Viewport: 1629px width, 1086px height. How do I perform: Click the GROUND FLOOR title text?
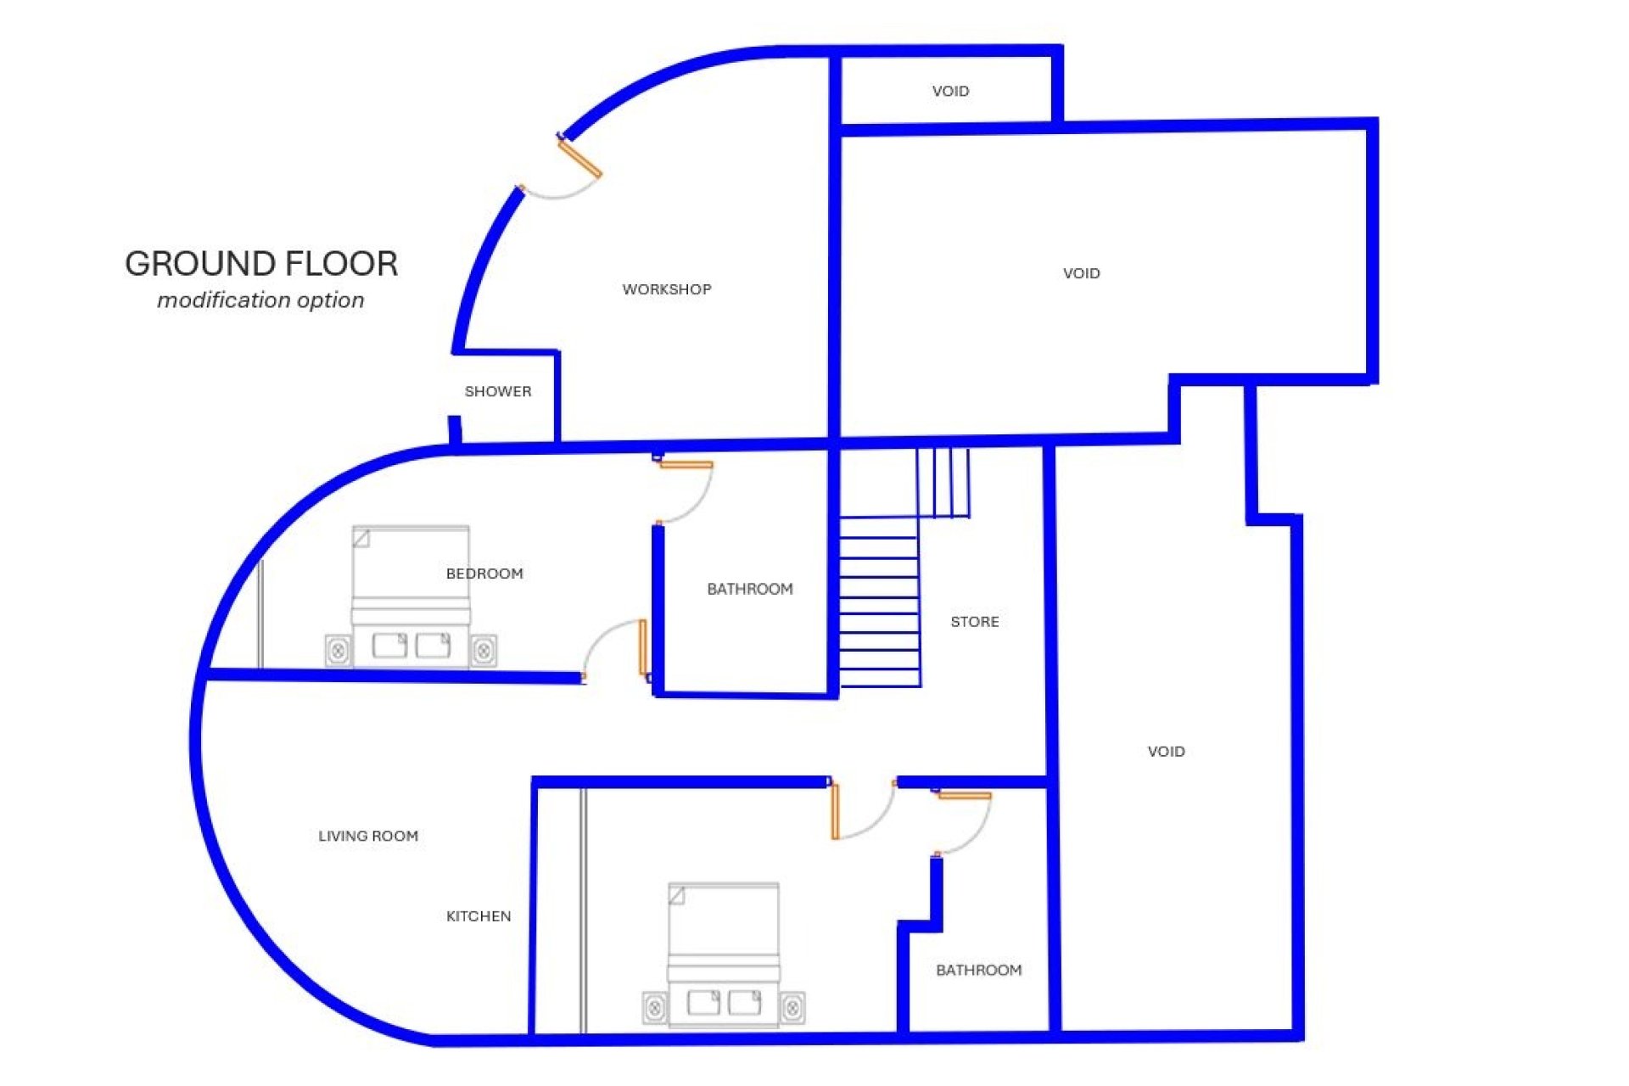click(x=261, y=264)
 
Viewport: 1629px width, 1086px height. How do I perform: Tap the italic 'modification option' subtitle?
click(x=260, y=300)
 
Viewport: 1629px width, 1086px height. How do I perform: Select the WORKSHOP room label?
click(x=667, y=289)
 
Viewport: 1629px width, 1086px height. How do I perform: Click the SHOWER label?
click(x=498, y=391)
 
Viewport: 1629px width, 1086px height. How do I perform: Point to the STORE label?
click(x=975, y=622)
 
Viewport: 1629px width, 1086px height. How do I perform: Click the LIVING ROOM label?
click(x=368, y=836)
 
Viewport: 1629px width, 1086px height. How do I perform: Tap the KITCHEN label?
click(x=479, y=916)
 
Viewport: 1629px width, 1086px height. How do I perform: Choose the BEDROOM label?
click(x=484, y=574)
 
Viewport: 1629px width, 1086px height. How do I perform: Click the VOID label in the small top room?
click(x=950, y=91)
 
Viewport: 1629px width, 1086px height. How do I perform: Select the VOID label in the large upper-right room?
click(x=1082, y=273)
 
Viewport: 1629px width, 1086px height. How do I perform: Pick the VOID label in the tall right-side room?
click(x=1167, y=752)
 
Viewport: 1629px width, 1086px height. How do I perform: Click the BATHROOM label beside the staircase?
click(x=750, y=589)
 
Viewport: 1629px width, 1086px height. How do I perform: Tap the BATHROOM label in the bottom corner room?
click(x=979, y=970)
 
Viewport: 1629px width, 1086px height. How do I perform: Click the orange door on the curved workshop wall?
click(x=580, y=159)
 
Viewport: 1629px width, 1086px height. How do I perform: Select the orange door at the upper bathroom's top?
click(x=686, y=464)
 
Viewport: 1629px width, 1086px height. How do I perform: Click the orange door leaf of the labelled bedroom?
click(x=643, y=648)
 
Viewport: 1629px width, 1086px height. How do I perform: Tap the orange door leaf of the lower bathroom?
click(x=965, y=796)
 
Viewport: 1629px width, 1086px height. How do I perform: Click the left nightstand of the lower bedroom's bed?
click(x=655, y=1008)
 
